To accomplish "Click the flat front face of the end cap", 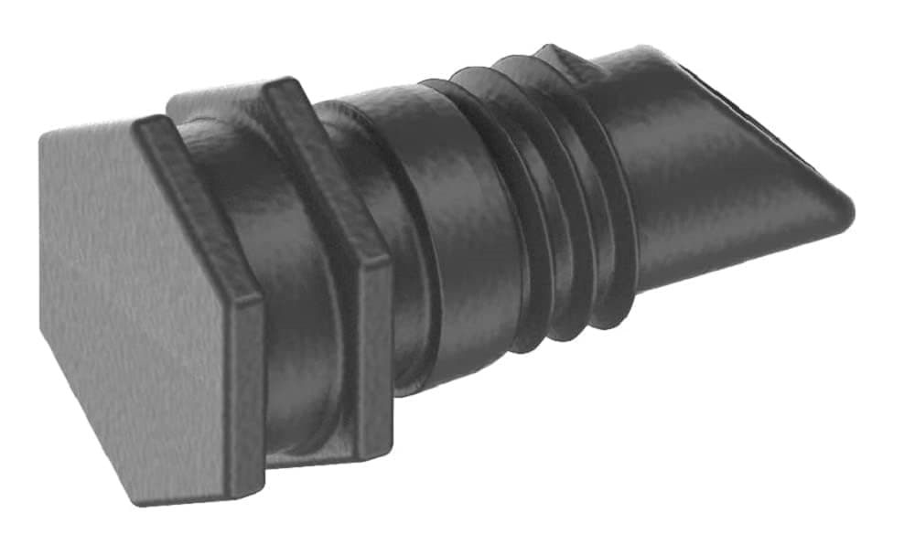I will coord(137,311).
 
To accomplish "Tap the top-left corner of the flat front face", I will coord(44,134).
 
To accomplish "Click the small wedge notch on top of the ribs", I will coord(558,55).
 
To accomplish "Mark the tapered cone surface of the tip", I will coord(714,174).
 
